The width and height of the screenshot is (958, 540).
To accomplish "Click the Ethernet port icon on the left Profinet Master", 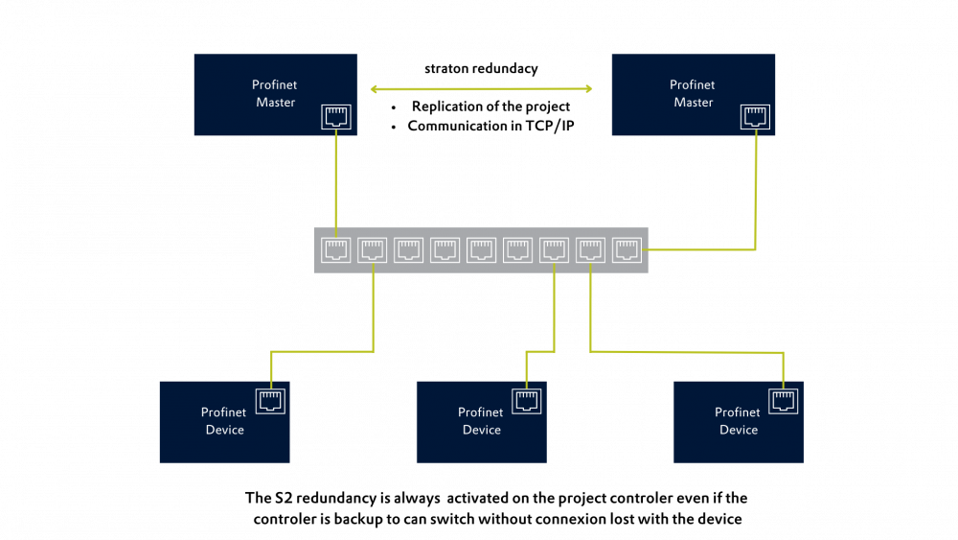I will [x=335, y=117].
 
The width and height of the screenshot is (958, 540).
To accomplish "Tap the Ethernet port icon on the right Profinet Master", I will [x=755, y=117].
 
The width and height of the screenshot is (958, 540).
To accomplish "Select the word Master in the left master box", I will [x=275, y=103].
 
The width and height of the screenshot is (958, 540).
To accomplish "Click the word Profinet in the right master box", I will [x=692, y=85].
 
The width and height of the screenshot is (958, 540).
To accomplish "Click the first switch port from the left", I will [x=335, y=250].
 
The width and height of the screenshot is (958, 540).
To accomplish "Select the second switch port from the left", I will [x=372, y=250].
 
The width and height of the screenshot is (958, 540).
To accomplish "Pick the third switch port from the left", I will [x=408, y=250].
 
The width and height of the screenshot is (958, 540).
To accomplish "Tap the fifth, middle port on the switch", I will [x=481, y=250].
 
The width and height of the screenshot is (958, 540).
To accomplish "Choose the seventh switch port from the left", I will [x=554, y=250].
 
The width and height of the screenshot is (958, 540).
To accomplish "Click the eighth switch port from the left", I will [x=590, y=250].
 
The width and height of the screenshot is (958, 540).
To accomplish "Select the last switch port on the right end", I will [x=627, y=250].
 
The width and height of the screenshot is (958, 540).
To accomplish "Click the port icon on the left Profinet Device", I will [x=271, y=401].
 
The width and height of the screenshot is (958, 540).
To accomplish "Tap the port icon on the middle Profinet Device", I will [x=527, y=401].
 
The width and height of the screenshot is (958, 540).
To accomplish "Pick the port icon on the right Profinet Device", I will [x=784, y=401].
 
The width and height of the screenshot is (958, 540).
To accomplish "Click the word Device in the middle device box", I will [x=481, y=430].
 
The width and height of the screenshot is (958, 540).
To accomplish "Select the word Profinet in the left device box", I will [x=223, y=412].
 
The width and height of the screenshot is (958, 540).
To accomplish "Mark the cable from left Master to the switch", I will [x=335, y=182].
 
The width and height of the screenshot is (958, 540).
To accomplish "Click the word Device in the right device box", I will [x=738, y=430].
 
